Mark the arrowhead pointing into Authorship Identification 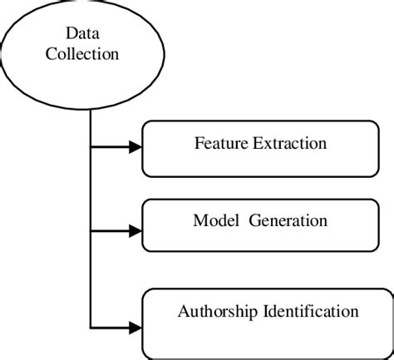(134, 324)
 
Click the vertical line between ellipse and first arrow (90, 125)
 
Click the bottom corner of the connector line (90, 324)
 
